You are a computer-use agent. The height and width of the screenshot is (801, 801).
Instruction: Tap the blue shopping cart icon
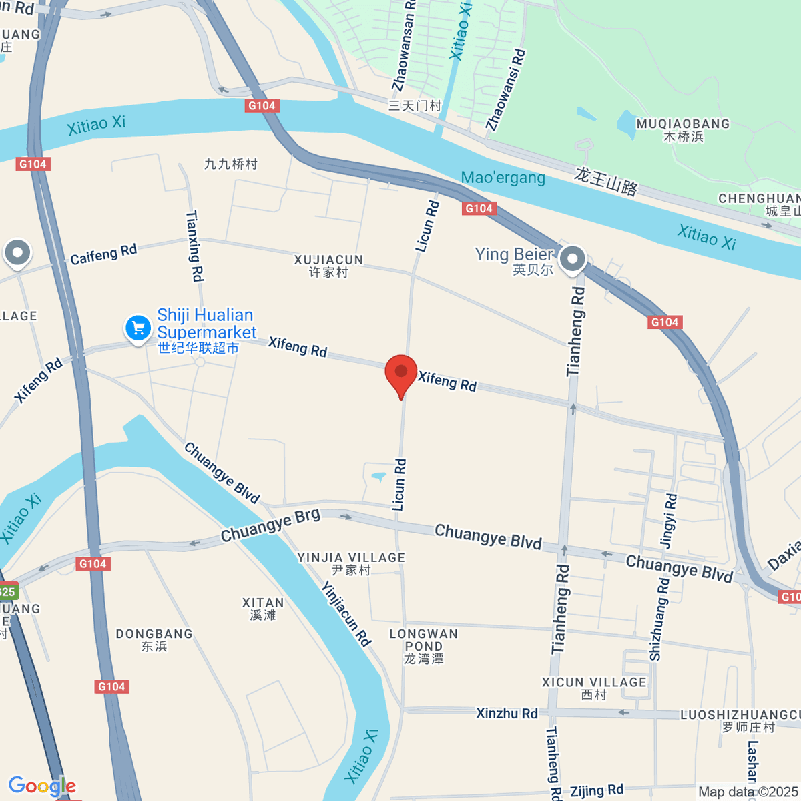click(x=138, y=328)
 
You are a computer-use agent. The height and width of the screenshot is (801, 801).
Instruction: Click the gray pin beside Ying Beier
click(x=572, y=258)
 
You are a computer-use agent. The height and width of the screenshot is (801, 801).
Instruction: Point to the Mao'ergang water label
click(x=503, y=178)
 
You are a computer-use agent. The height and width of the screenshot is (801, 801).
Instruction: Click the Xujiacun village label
click(x=328, y=266)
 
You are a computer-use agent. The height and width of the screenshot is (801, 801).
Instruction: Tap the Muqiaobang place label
click(x=683, y=129)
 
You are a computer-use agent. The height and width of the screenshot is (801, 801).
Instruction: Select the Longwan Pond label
click(x=424, y=645)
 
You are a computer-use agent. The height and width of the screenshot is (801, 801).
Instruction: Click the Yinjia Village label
click(x=351, y=563)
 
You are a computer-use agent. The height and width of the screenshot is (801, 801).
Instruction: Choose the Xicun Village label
click(x=594, y=688)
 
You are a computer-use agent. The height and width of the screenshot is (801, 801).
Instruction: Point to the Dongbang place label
click(x=154, y=639)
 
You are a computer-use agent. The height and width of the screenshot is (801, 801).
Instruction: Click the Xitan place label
click(x=263, y=608)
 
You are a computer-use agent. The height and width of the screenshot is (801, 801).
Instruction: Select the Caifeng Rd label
click(x=103, y=254)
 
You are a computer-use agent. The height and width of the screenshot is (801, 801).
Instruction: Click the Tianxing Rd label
click(x=194, y=246)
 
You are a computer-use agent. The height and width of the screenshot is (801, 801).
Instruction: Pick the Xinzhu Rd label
click(x=507, y=713)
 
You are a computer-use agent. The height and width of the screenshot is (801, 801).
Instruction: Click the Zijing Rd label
click(x=597, y=791)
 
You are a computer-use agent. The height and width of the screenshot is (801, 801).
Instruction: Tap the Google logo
click(x=42, y=786)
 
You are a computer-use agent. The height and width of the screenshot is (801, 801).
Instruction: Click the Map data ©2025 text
click(x=748, y=792)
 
